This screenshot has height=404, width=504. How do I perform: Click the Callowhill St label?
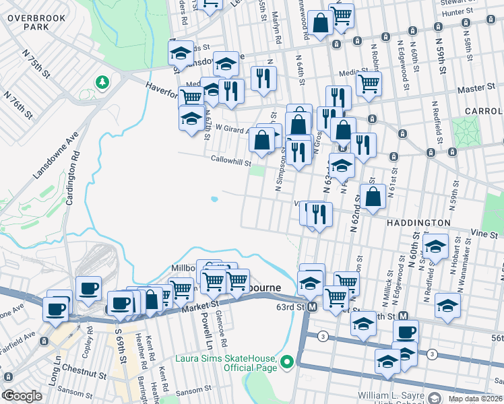230,162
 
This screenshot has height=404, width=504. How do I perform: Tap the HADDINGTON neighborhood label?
418,222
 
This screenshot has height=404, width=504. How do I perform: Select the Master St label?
476,88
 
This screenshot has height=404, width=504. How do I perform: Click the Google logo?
22,396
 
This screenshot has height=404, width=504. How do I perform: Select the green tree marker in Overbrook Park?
102,82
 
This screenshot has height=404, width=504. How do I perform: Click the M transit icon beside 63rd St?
312,307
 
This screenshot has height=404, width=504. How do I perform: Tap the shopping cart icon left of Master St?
369,83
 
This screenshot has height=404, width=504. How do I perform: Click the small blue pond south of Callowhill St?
214,199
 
